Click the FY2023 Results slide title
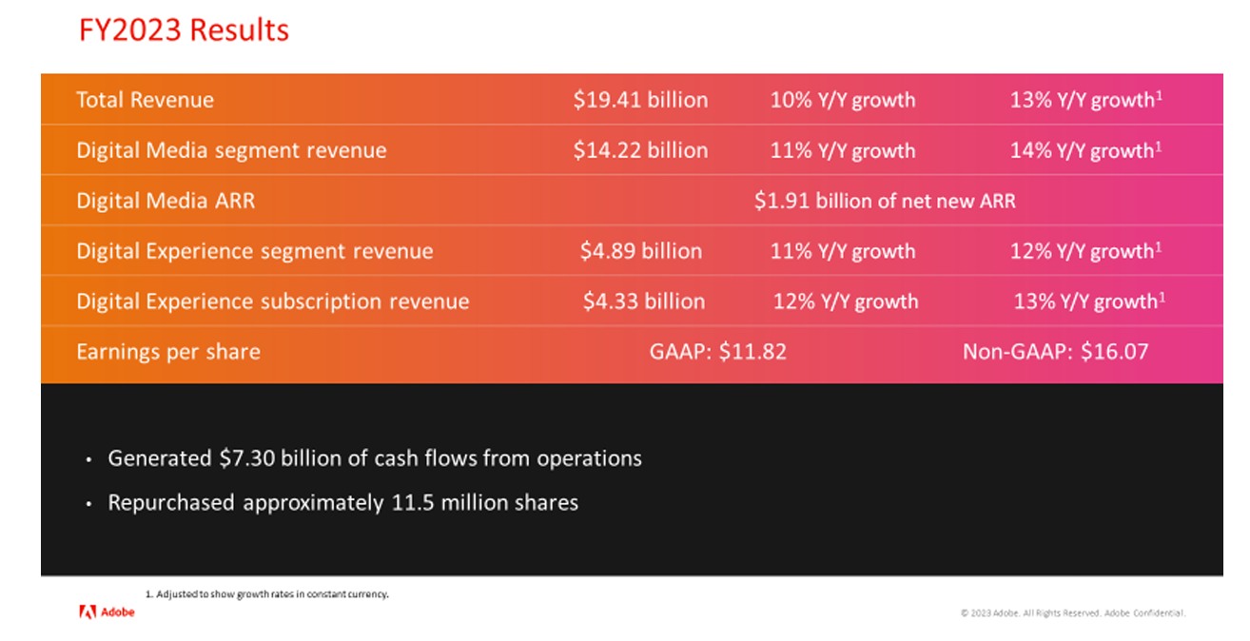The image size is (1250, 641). (184, 30)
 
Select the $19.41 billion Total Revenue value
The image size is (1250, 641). (640, 100)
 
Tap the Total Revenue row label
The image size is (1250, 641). (145, 100)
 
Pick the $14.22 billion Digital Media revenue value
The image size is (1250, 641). (640, 150)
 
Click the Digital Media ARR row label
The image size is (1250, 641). (166, 201)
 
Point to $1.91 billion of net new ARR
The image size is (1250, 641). (885, 201)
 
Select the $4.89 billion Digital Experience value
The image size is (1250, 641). (640, 251)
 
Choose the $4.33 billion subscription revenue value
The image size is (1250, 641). (644, 301)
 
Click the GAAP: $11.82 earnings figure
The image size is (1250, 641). (717, 352)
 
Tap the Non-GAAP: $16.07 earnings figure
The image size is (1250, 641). (1055, 352)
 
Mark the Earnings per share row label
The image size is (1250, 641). (168, 352)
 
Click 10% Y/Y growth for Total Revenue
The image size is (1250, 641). (843, 100)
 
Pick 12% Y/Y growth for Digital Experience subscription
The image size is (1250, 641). (846, 301)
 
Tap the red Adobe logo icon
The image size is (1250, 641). (86, 612)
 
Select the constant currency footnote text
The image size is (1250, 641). (267, 593)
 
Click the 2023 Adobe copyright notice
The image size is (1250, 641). (1072, 613)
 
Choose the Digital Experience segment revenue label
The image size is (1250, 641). (255, 251)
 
